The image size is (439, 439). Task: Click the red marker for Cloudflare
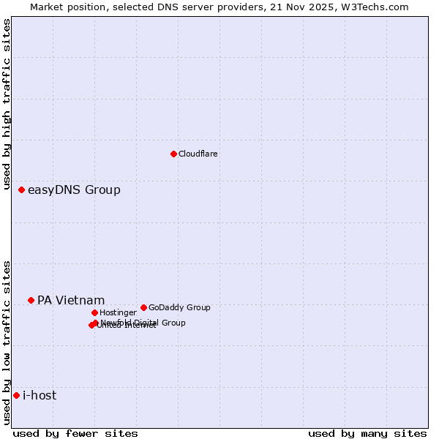pos(173,154)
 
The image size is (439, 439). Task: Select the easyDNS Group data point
pos(21,190)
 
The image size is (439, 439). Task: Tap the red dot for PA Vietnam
pos(31,300)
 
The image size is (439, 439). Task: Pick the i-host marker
pos(16,395)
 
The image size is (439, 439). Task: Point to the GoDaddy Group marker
pos(143,307)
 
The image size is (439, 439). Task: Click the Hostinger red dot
pos(94,312)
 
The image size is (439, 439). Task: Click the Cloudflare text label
pos(198,154)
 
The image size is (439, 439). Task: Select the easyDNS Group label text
pos(74,190)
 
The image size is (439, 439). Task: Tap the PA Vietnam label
pos(71,301)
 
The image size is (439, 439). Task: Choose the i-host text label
pos(40,396)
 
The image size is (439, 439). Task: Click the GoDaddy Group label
pos(179,308)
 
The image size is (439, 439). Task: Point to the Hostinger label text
pos(118,313)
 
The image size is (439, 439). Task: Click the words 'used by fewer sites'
pos(75,433)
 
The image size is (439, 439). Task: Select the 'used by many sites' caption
pos(367,433)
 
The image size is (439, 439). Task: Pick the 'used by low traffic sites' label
pos(7,342)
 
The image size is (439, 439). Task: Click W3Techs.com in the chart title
pos(372,7)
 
